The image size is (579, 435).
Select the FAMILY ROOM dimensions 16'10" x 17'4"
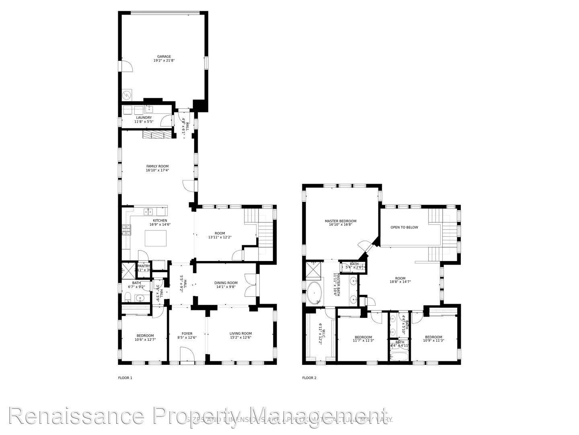tap(157, 170)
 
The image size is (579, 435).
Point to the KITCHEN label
tap(160, 220)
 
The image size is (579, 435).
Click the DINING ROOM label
tap(226, 283)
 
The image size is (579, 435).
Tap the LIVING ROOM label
tap(240, 333)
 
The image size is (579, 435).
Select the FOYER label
tap(187, 333)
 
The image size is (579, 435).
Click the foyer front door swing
tap(187, 354)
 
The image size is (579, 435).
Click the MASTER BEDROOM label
tap(341, 221)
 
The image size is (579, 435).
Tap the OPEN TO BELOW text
tap(404, 227)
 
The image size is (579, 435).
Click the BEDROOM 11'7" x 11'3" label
tap(363, 337)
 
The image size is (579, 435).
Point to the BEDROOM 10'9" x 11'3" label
tap(433, 337)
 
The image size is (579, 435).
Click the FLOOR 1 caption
tap(125, 378)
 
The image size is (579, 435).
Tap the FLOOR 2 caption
tap(309, 378)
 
